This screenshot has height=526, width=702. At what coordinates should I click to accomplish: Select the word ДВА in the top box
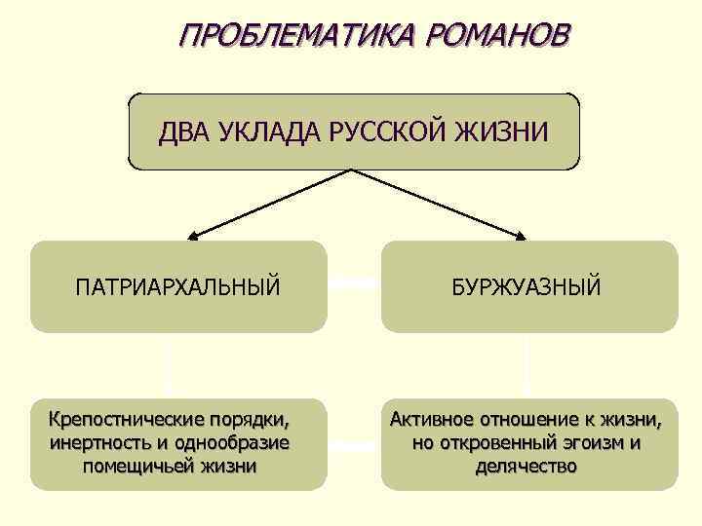coord(181,131)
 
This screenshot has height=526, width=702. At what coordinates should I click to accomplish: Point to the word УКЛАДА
coord(256,131)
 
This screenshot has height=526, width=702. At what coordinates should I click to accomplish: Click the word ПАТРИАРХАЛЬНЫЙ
coord(177,287)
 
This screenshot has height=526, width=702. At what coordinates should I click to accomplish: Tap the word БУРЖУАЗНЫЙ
coord(526,287)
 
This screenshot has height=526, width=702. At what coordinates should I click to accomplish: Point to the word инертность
coord(96,443)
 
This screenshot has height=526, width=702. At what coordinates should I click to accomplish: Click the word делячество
coord(526,466)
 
